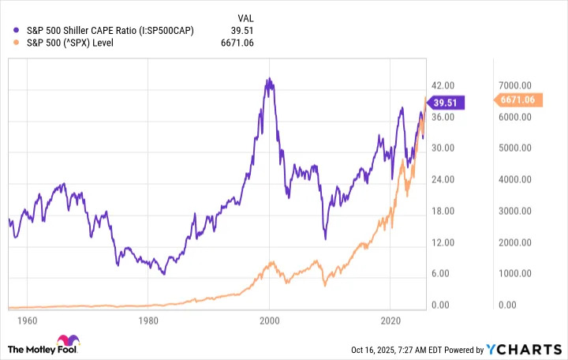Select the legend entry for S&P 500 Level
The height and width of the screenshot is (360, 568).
pyautogui.click(x=75, y=43)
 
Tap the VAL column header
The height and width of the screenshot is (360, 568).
pyautogui.click(x=245, y=17)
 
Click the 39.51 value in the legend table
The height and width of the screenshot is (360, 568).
pyautogui.click(x=243, y=30)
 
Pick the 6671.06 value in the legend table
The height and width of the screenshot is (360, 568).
pyautogui.click(x=237, y=43)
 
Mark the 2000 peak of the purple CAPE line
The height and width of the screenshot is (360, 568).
pyautogui.click(x=269, y=79)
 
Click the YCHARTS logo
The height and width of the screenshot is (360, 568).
pyautogui.click(x=523, y=350)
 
